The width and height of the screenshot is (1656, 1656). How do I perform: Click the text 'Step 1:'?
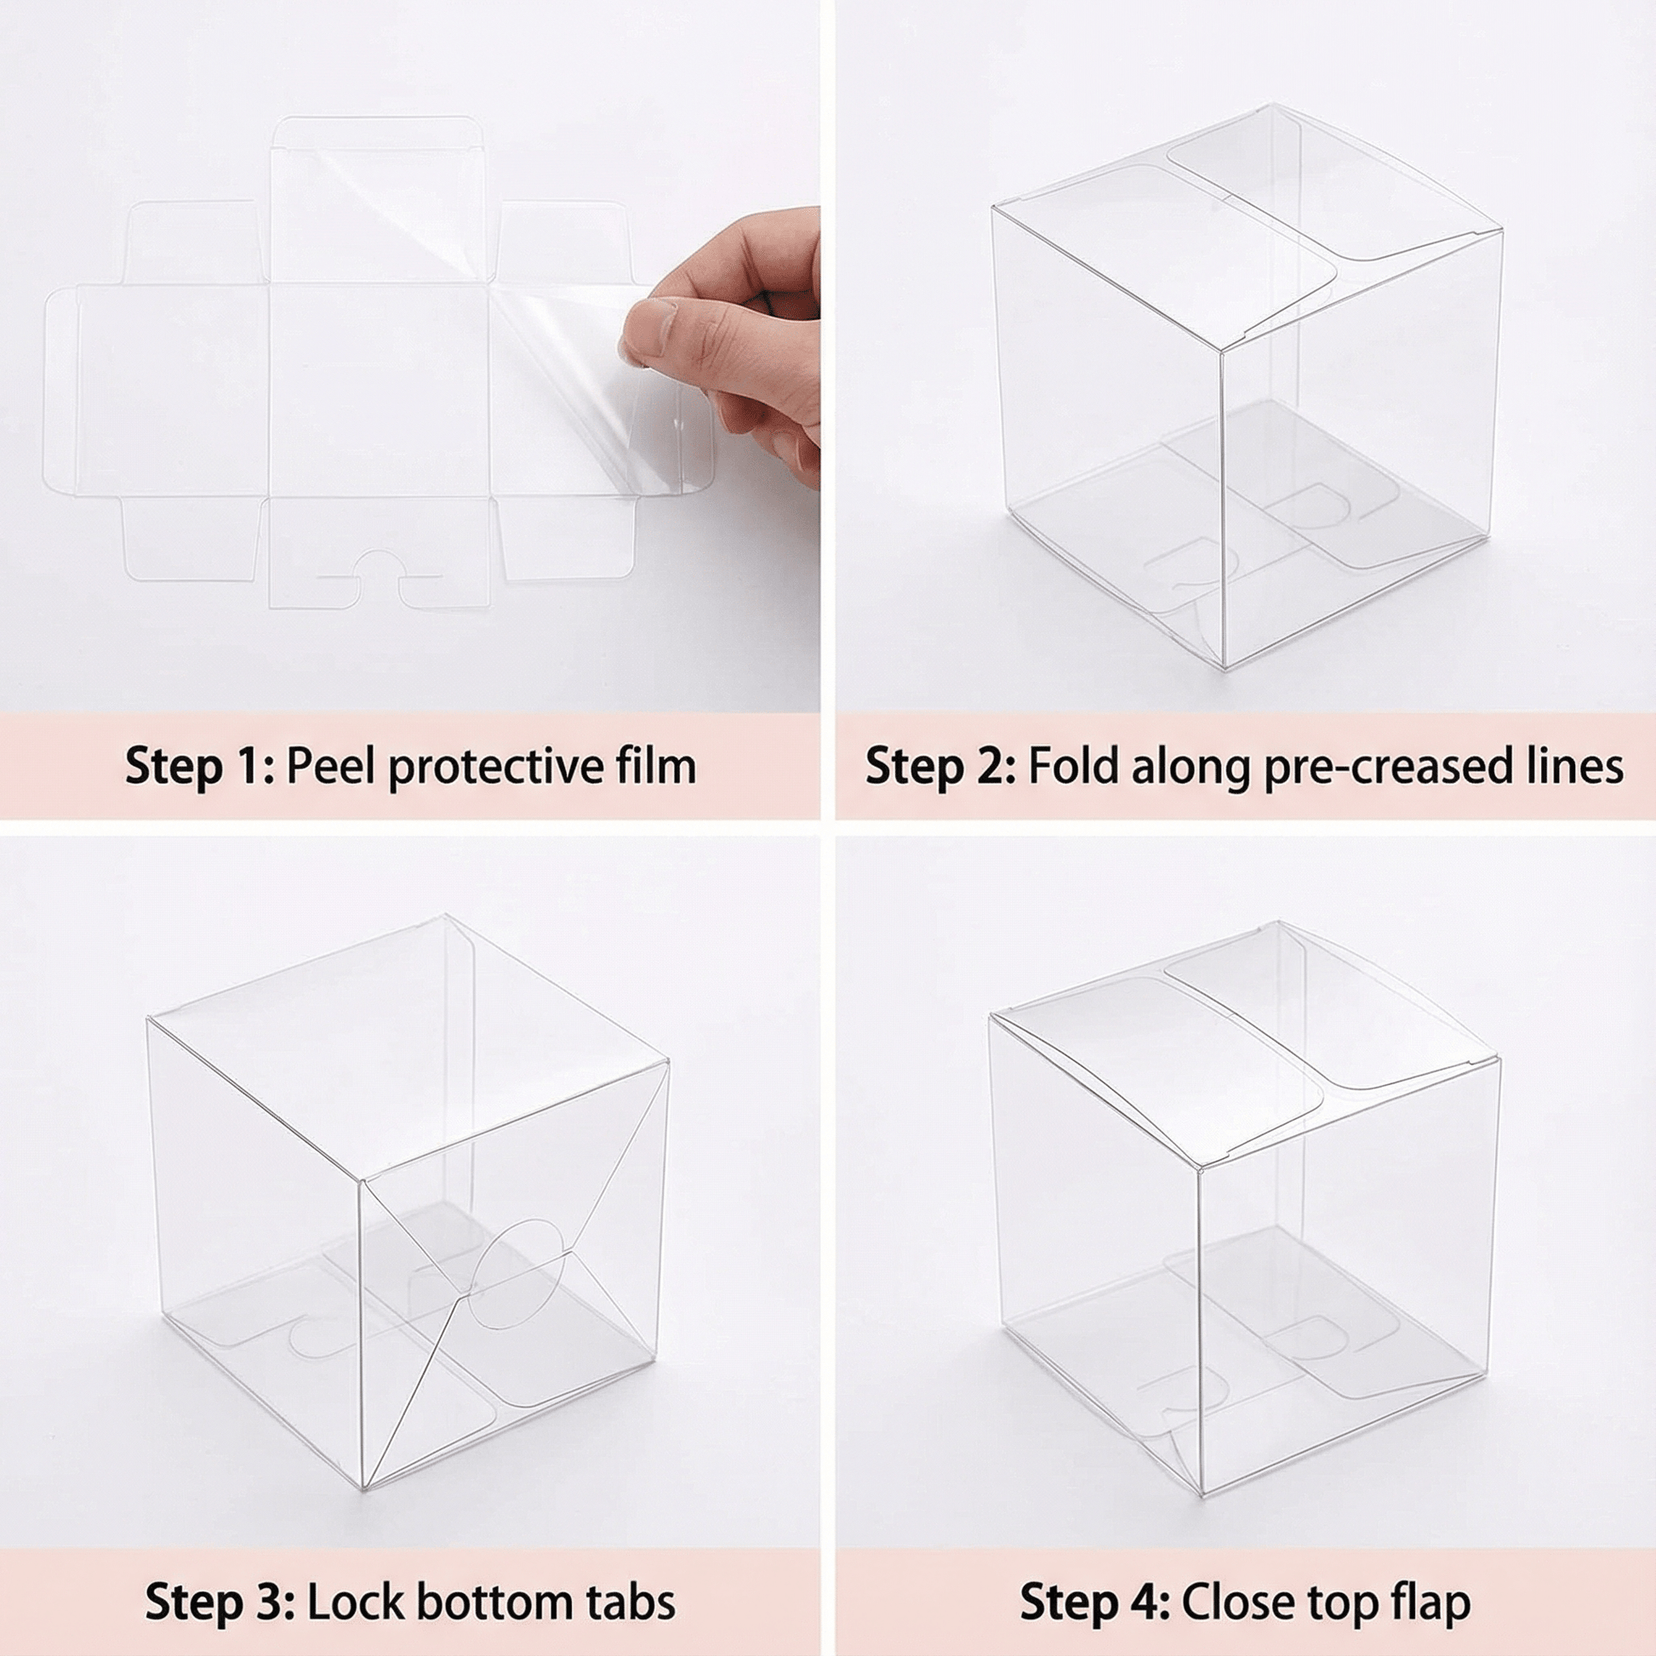click(x=200, y=765)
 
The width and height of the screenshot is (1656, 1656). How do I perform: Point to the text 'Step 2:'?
click(x=940, y=765)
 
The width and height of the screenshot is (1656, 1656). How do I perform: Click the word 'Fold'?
click(x=1072, y=765)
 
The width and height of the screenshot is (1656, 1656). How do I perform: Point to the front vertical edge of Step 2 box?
click(x=1222, y=508)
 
